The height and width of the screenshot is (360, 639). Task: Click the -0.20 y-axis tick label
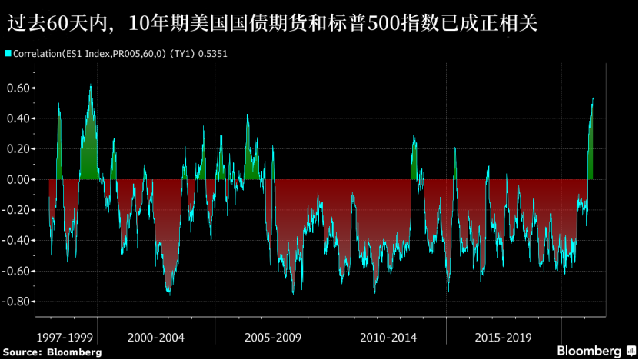coord(16,210)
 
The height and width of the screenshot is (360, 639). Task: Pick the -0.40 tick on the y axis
coord(16,241)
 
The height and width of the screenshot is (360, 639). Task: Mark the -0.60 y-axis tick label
coord(16,271)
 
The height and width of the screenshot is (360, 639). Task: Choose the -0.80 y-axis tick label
coord(16,302)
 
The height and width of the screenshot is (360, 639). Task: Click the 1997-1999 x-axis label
coord(66,337)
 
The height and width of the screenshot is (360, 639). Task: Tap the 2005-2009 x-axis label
coord(273,337)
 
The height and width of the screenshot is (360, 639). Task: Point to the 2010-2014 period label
coord(388,337)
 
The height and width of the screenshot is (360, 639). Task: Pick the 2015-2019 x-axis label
coord(504,337)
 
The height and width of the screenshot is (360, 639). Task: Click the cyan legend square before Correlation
coord(8,54)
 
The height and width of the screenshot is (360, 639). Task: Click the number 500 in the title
coord(420,24)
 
